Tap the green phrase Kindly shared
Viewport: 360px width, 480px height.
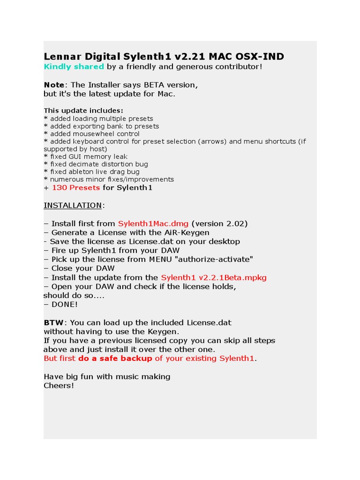click(74, 67)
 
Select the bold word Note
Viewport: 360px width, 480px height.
click(54, 85)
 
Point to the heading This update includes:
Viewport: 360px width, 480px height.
click(83, 111)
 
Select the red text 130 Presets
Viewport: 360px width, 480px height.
click(76, 187)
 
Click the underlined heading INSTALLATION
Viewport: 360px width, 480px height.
click(73, 205)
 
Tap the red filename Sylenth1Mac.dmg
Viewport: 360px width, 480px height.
click(153, 224)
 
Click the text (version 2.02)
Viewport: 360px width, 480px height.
click(219, 224)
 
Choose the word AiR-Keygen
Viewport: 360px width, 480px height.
click(186, 232)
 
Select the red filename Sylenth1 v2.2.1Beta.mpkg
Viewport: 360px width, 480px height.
click(214, 277)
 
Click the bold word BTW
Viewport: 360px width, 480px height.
click(53, 322)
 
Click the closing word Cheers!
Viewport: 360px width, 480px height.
click(59, 386)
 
